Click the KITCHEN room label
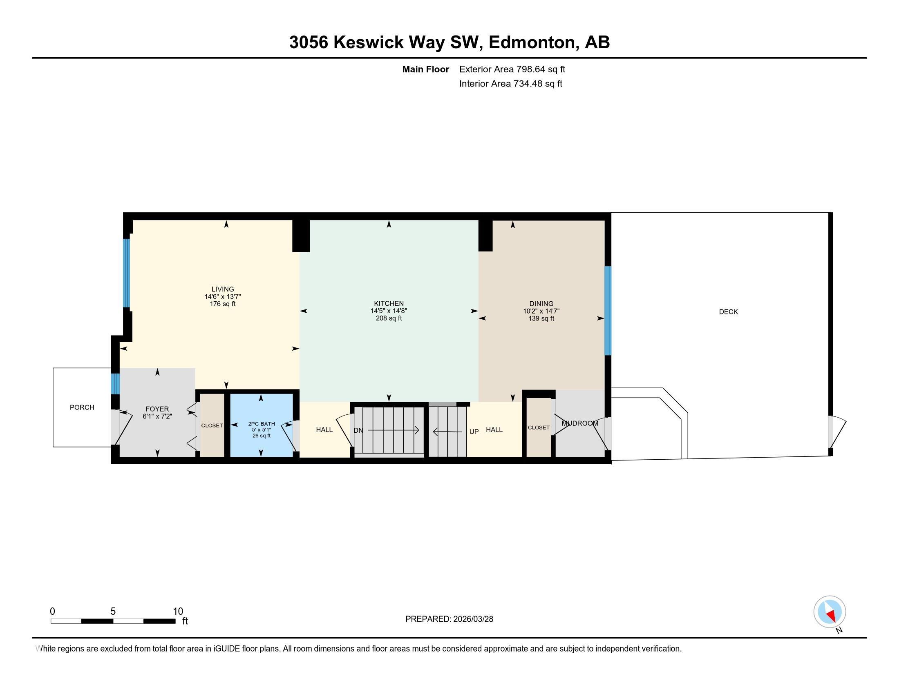coord(389,303)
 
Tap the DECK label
coord(728,311)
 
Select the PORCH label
coord(82,407)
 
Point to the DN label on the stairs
coord(358,430)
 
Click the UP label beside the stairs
coord(474,432)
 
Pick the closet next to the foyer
coord(212,425)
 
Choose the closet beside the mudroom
coord(539,427)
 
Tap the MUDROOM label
coord(579,423)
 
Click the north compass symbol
coord(830,612)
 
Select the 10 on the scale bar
coord(178,612)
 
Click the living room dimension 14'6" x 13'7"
coord(223,296)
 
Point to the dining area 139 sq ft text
coord(541,319)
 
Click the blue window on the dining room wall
coord(608,310)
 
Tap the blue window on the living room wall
coord(127,273)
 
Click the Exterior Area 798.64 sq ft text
coord(512,69)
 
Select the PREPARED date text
coord(449,619)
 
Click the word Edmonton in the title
coord(531,42)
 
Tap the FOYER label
coord(157,409)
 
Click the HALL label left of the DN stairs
coord(324,429)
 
